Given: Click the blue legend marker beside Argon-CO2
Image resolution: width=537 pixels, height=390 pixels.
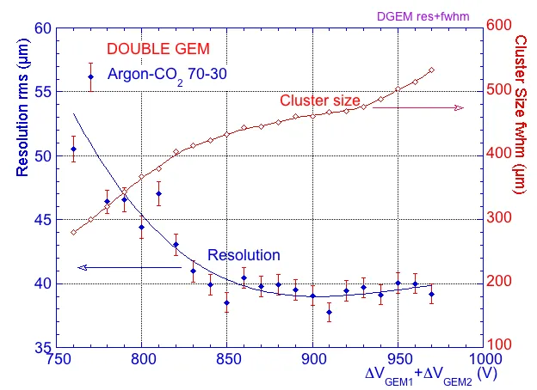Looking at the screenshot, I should pos(91,77).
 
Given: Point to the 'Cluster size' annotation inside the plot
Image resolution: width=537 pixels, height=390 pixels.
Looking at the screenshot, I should pos(319,101).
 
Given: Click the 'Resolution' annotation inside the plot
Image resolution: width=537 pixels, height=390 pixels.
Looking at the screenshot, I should pos(244,255).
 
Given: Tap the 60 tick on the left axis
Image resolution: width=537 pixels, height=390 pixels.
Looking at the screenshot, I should pos(41,27).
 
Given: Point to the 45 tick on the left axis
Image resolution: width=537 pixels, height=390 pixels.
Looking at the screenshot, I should pos(41,220).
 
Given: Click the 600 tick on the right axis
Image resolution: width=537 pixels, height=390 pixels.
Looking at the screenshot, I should pos(503,26).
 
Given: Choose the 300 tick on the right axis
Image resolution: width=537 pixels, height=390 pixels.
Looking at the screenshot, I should pos(503,218).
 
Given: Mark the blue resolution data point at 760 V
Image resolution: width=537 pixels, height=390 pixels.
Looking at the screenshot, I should pos(73,149).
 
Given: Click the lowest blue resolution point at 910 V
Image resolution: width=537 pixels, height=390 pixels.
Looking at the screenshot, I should pos(329,313).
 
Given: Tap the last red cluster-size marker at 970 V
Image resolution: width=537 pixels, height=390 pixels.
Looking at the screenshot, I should pos(431,70).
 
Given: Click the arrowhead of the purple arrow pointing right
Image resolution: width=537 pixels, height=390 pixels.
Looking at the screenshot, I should pos(460,107).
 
